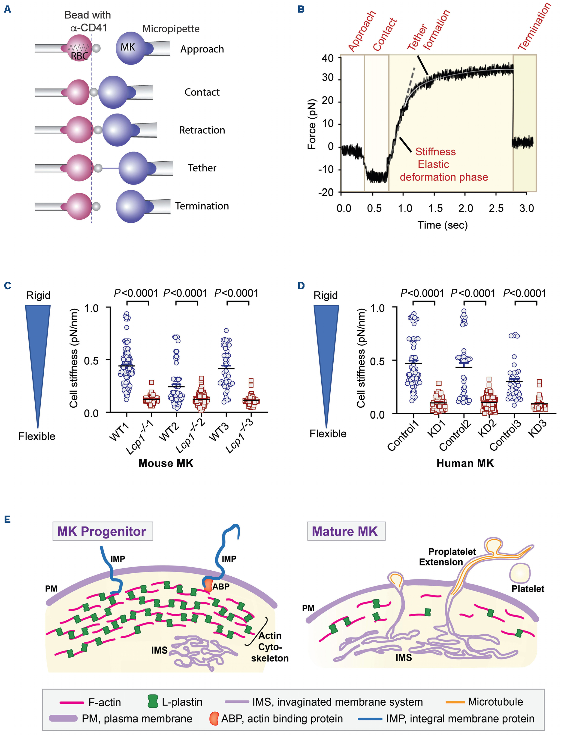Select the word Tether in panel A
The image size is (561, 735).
[202, 168]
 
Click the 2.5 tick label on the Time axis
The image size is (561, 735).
[496, 208]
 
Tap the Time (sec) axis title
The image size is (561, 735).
[443, 225]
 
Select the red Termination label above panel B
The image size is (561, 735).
[534, 27]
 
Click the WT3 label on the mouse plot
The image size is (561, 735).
[219, 431]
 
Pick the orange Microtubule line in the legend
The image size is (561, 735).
[455, 702]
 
